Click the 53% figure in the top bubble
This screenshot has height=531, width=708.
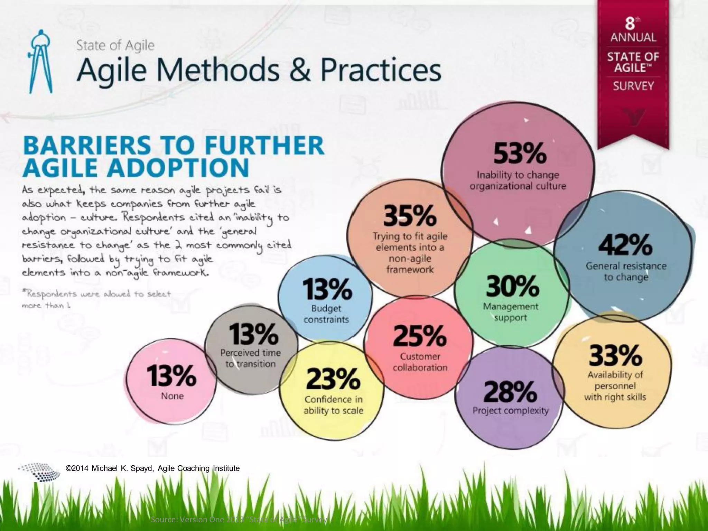point(520,153)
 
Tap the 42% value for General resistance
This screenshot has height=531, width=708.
point(625,245)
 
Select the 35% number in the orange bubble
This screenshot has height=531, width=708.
point(410,216)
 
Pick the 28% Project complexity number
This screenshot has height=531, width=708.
point(510,392)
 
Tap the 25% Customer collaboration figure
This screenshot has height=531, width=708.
point(420,336)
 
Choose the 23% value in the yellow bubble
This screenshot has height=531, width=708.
point(333,379)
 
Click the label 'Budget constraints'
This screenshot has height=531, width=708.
point(326,314)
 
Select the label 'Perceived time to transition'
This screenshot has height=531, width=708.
point(251,358)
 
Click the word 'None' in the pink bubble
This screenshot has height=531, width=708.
point(172,396)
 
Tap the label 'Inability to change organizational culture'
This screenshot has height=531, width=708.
point(518,180)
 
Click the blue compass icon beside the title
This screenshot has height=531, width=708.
point(41,62)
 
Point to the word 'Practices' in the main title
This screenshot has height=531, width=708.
point(381,70)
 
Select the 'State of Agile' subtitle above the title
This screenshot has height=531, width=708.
point(115,45)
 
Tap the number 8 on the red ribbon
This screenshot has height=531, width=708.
point(630,24)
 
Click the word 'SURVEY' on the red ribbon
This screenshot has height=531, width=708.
point(633,86)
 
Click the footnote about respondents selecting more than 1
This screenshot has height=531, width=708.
point(96,299)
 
